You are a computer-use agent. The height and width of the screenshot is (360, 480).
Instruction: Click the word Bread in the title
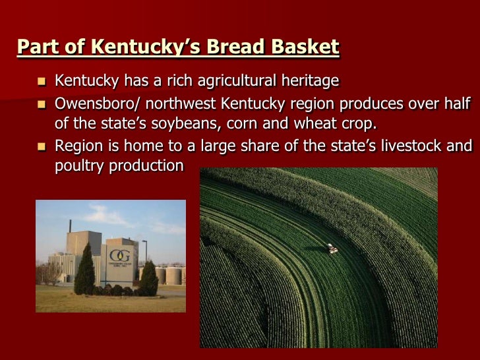click(x=234, y=47)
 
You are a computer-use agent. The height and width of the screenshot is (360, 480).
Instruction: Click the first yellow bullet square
click(x=42, y=82)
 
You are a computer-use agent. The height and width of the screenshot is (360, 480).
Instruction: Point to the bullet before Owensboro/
click(x=42, y=104)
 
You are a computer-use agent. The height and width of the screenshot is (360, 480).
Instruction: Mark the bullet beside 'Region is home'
click(x=42, y=146)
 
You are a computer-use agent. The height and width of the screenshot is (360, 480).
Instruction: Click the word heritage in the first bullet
click(x=308, y=81)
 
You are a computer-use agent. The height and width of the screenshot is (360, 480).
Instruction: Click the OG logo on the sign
click(x=119, y=254)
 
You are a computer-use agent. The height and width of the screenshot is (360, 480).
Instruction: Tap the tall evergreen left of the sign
click(x=84, y=270)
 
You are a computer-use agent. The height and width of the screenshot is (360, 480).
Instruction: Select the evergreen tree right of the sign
click(x=149, y=279)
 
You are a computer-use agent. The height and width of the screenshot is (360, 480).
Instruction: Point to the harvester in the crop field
click(x=333, y=248)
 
